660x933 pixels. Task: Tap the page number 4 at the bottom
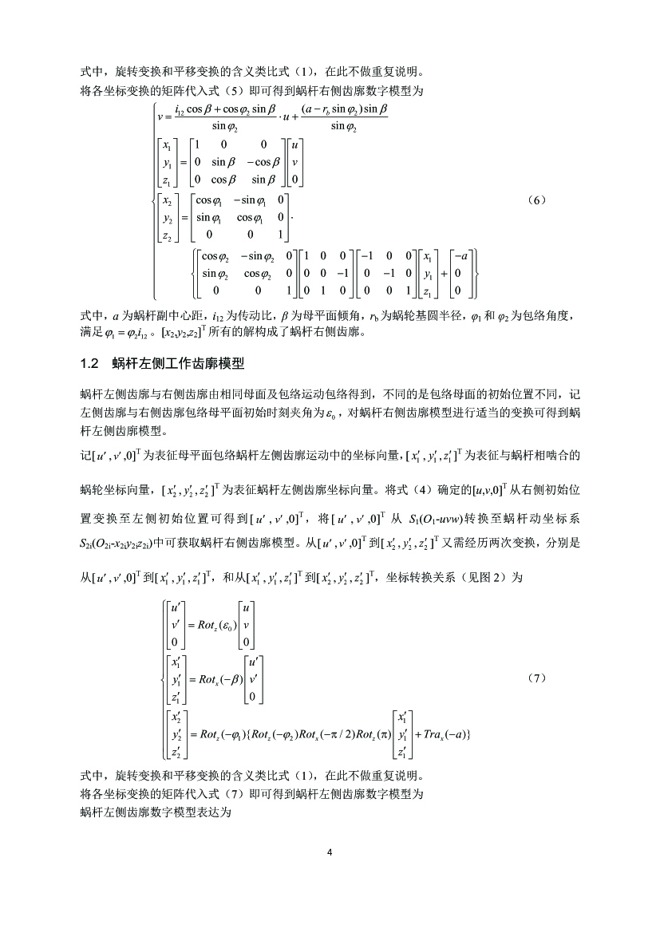pos(330,852)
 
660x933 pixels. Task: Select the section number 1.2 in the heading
pos(89,364)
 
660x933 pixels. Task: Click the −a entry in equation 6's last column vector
pos(460,257)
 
